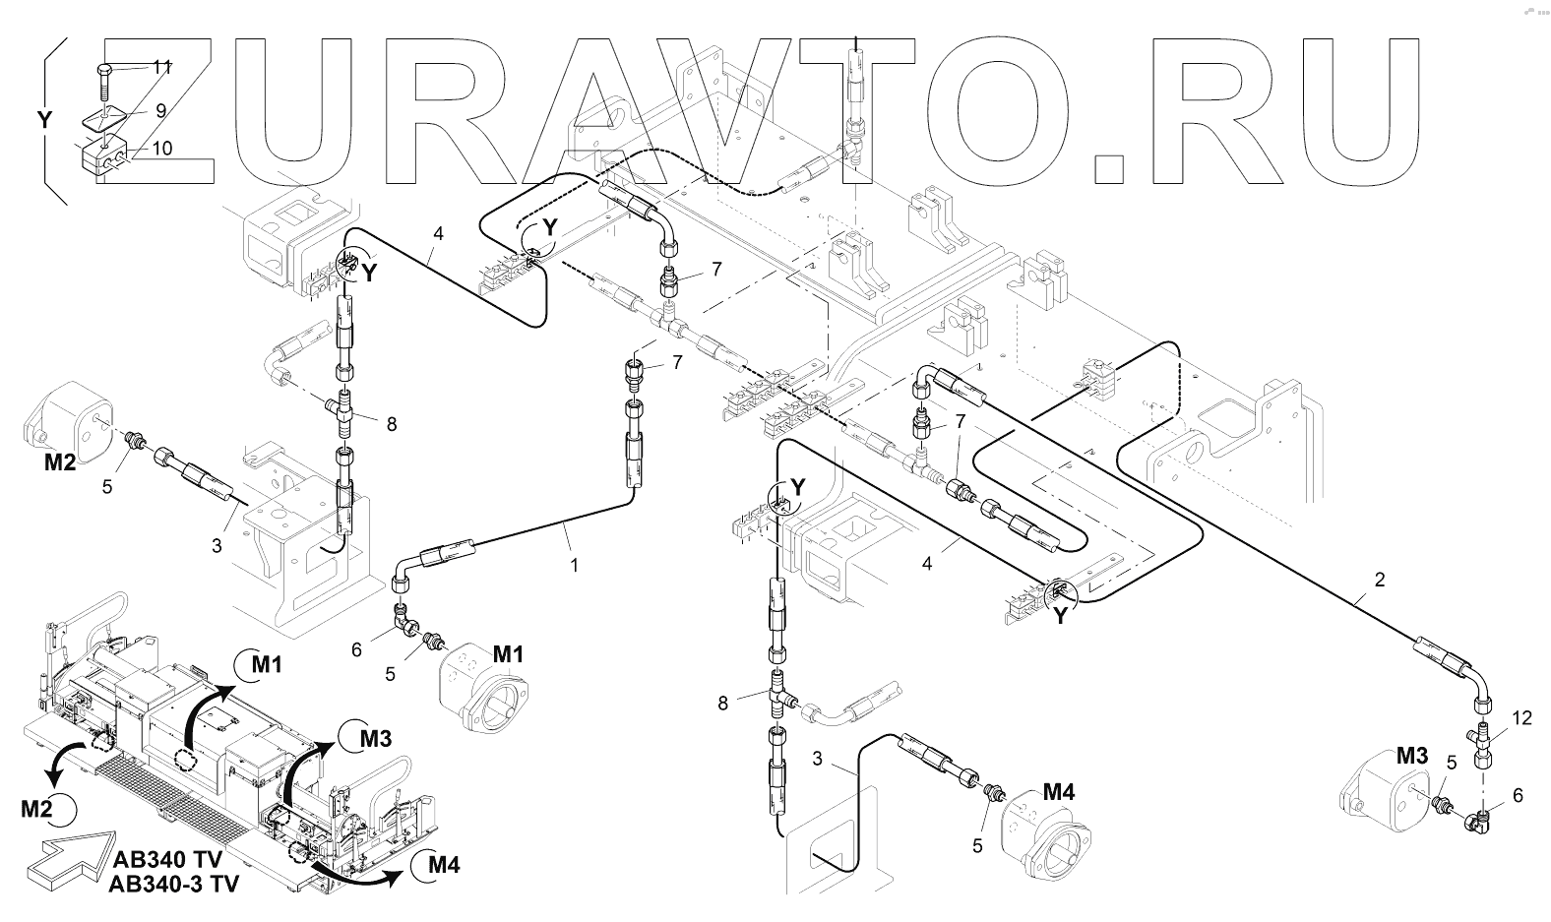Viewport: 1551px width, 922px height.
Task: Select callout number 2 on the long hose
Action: (x=1379, y=580)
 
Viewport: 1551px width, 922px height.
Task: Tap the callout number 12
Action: (x=1521, y=719)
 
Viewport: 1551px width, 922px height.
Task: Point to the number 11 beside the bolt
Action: (x=162, y=67)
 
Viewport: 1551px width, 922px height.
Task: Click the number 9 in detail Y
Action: (x=160, y=111)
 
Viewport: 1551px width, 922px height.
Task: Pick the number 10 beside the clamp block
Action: (x=161, y=149)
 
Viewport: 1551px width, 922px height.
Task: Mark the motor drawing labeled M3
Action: (x=1386, y=793)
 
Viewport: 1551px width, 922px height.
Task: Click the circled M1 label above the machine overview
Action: (x=262, y=665)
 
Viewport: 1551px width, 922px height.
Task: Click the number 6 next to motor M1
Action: (x=356, y=648)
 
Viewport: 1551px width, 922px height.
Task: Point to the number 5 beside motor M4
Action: (x=976, y=844)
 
